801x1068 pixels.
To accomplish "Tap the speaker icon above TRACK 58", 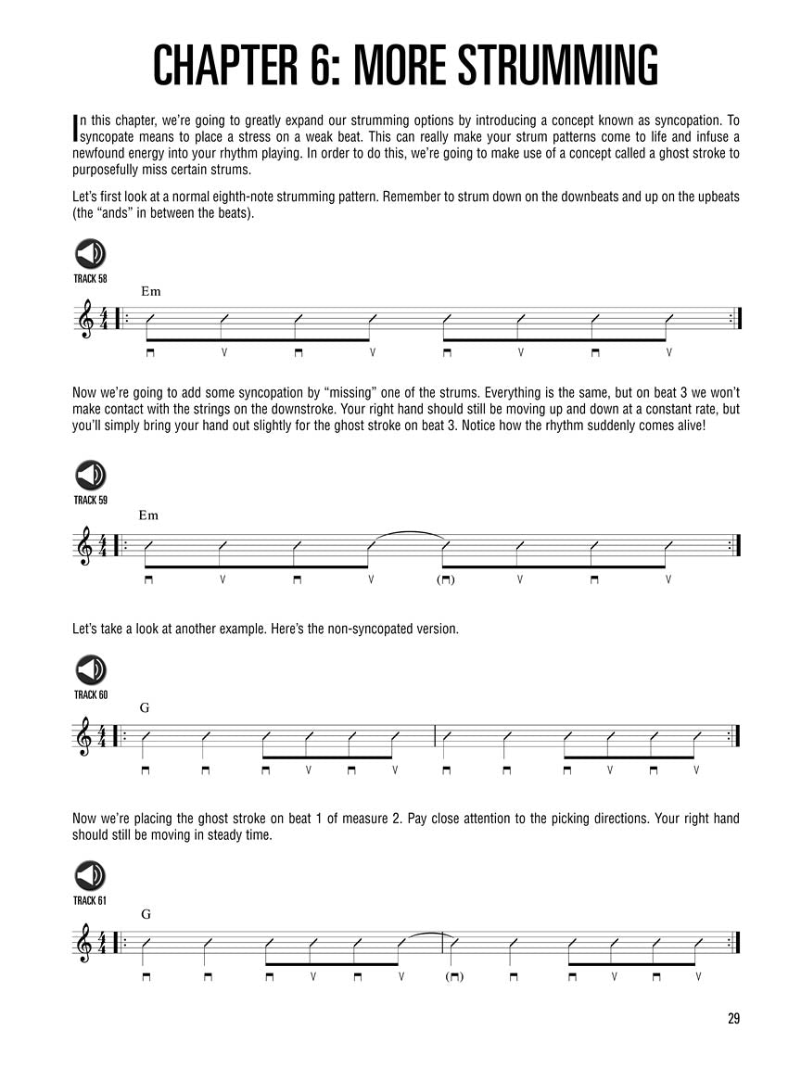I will coord(90,253).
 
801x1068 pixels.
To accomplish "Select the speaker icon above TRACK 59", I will coord(90,476).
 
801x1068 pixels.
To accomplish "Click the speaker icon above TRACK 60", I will coord(90,670).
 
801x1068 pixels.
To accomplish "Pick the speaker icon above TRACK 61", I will coord(90,876).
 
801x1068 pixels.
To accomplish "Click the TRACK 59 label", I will coord(90,501).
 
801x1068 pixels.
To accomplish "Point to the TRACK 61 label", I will coord(90,901).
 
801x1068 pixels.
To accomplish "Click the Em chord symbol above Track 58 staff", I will coord(151,291).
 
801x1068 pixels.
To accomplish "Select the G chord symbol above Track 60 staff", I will coord(145,707).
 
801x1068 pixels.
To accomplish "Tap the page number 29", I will coord(733,1019).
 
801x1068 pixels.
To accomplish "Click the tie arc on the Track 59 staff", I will coord(408,535).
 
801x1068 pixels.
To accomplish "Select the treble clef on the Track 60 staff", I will coord(86,736).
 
